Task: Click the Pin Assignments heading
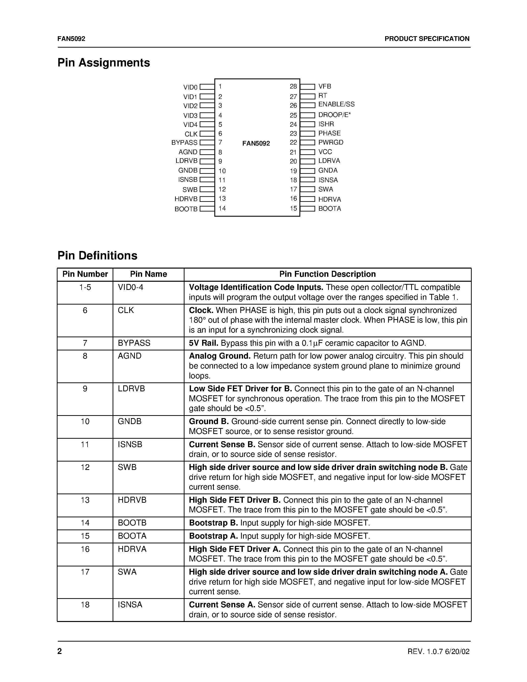pyautogui.click(x=104, y=63)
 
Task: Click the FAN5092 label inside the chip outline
pyautogui.click(x=256, y=143)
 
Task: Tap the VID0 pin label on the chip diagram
pyautogui.click(x=190, y=87)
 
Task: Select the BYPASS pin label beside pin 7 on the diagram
pyautogui.click(x=184, y=143)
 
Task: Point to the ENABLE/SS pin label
pyautogui.click(x=336, y=104)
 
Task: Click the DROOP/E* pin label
pyautogui.click(x=334, y=115)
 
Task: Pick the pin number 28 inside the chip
pyautogui.click(x=293, y=87)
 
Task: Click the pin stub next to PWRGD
pyautogui.click(x=308, y=143)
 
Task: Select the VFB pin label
pyautogui.click(x=325, y=87)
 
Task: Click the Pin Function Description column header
pyautogui.click(x=327, y=274)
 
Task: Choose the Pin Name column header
pyautogui.click(x=148, y=274)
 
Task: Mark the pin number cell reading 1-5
pyautogui.click(x=85, y=287)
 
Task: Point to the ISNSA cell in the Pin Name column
pyautogui.click(x=130, y=605)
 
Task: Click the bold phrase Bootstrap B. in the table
pyautogui.click(x=214, y=523)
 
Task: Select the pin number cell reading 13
pyautogui.click(x=85, y=500)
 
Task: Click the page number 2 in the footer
pyautogui.click(x=60, y=651)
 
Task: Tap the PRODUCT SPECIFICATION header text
pyautogui.click(x=427, y=39)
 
